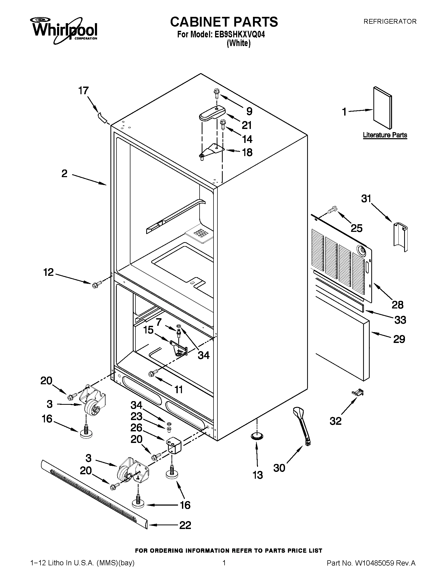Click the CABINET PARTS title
click(224, 22)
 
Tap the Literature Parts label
click(385, 135)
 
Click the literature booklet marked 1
click(382, 108)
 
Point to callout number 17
click(83, 91)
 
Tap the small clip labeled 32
click(357, 393)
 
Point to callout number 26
click(136, 428)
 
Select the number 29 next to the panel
click(399, 339)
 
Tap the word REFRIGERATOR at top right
click(390, 22)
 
